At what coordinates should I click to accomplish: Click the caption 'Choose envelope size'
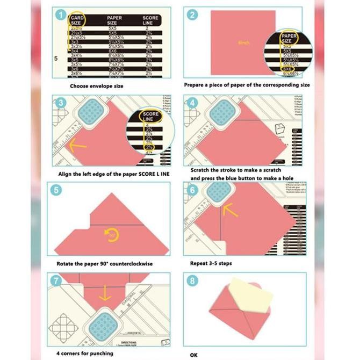[x=96, y=85]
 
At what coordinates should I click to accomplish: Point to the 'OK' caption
[x=194, y=355]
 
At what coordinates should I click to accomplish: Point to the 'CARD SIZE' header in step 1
[x=77, y=20]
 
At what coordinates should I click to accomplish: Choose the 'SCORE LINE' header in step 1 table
[x=150, y=20]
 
